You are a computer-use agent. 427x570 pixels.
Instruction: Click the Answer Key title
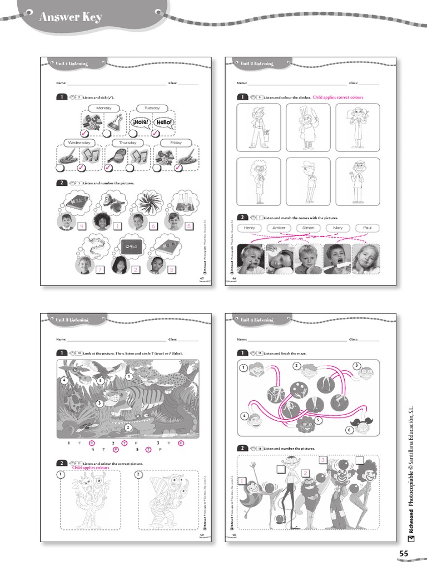coord(70,17)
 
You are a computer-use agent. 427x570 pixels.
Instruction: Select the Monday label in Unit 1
coord(103,108)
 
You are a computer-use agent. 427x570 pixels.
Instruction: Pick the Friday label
coord(176,143)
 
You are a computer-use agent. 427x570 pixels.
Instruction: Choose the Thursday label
coord(127,143)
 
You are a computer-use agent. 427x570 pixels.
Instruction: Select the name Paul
coord(367,228)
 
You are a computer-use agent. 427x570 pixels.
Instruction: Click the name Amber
coord(279,228)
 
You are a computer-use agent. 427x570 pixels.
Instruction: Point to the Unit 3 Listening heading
coord(72,320)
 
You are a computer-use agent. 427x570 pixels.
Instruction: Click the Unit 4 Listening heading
coord(257,320)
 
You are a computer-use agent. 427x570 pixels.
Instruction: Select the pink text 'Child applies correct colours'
coord(338,97)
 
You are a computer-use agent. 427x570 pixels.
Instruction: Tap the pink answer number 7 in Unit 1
coord(100,269)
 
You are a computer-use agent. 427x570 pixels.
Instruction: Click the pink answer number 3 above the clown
coord(322,460)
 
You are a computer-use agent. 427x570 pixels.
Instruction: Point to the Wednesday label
coord(79,143)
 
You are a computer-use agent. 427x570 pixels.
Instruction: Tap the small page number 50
coord(234,535)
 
